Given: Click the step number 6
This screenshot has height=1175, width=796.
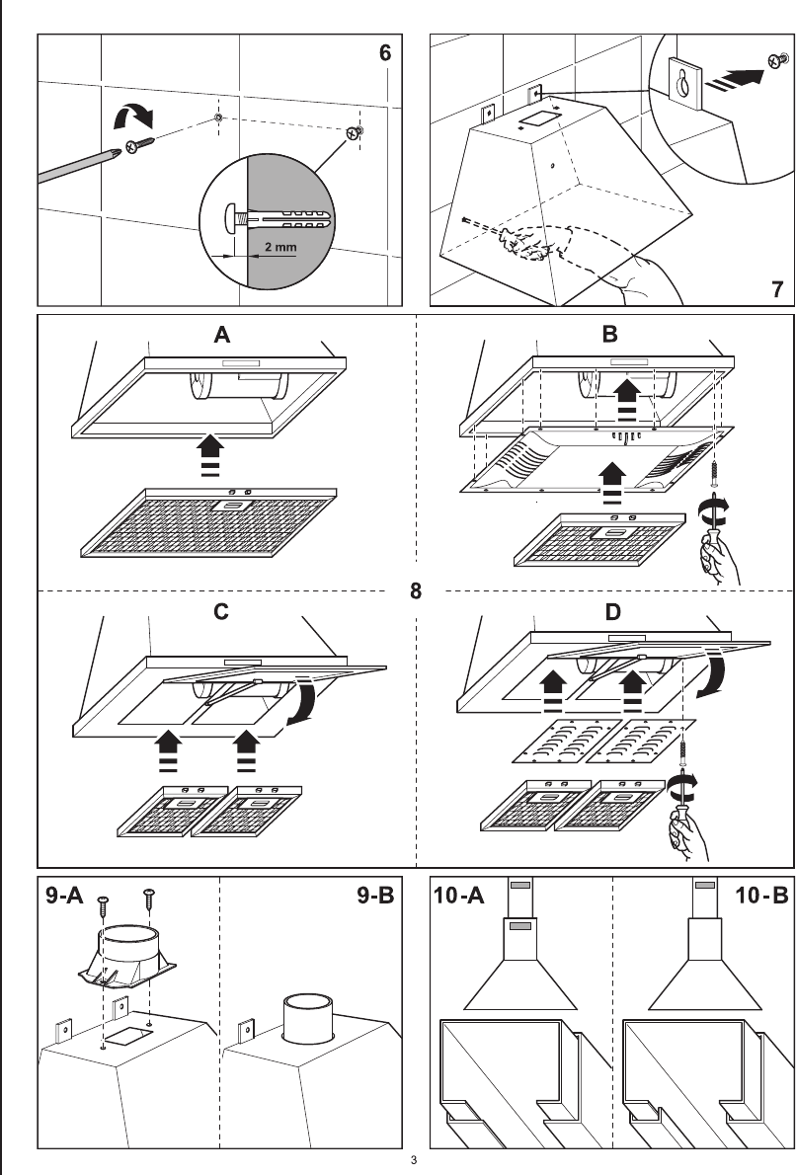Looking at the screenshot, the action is (x=384, y=52).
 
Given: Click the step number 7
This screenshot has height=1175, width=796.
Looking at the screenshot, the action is (x=777, y=288).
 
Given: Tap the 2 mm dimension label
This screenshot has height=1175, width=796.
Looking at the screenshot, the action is (x=280, y=247).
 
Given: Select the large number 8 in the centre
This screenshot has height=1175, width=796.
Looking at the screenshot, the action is (x=415, y=590).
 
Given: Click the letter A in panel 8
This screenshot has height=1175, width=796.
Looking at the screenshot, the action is (x=222, y=334).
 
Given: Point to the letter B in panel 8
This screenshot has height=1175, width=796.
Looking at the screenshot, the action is (x=609, y=334).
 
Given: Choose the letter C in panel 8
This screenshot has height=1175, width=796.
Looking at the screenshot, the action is (x=220, y=611).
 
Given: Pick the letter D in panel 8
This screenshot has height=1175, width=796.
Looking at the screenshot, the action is (x=612, y=612).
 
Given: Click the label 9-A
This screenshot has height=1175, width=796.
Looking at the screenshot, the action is (x=64, y=895).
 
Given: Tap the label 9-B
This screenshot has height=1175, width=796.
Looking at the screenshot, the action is (x=374, y=895).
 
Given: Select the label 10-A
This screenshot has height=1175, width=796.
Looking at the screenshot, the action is (x=458, y=895).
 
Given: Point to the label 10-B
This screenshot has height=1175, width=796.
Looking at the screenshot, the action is (x=761, y=895).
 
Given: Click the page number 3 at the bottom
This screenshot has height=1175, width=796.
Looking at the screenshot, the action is (x=413, y=1161).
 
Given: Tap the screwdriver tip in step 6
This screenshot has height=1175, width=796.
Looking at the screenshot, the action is (x=117, y=153).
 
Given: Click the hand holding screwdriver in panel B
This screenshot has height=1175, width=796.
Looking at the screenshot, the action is (x=718, y=558).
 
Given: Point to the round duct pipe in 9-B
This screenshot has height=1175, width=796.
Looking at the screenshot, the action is (x=308, y=1018).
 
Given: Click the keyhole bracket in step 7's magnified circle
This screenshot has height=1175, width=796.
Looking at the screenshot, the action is (x=685, y=82).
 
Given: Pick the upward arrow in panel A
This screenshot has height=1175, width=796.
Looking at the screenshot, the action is (x=210, y=455).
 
